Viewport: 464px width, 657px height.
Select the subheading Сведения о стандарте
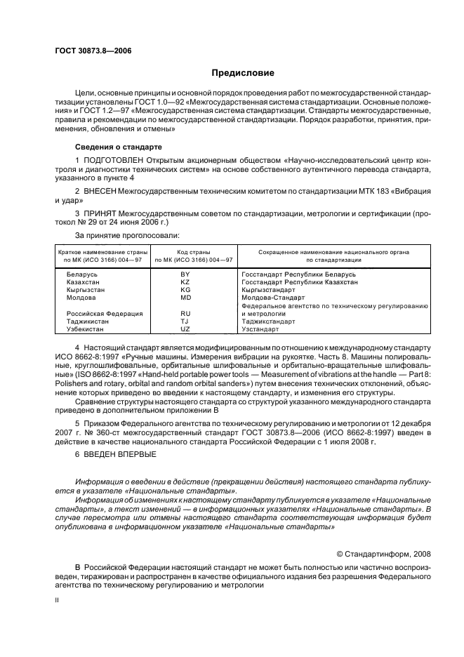click(x=118, y=147)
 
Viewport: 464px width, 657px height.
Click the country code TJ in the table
click(x=185, y=321)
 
